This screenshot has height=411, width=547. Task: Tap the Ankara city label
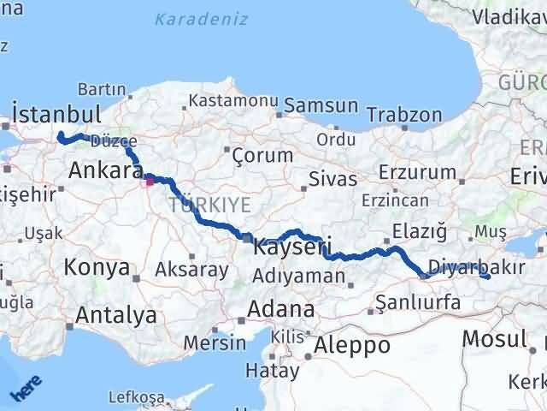(x=98, y=170)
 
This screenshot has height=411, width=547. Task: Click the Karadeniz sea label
(x=202, y=19)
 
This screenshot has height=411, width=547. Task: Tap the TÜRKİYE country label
(x=209, y=204)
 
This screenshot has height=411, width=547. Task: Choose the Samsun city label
(x=321, y=105)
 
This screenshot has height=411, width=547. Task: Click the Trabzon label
(x=404, y=114)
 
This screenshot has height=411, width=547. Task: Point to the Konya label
(x=97, y=267)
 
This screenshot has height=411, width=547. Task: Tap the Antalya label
(x=116, y=315)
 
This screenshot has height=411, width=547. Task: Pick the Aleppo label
(x=352, y=345)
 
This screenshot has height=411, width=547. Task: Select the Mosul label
(x=494, y=338)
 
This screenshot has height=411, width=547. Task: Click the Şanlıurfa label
(x=419, y=302)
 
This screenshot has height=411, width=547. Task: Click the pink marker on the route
(x=150, y=180)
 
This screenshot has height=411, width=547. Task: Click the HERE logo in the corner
(x=24, y=390)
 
